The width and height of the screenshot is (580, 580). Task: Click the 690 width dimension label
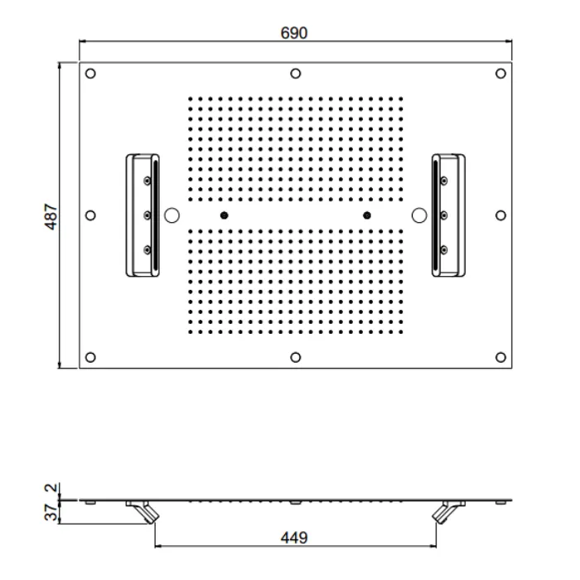click(293, 33)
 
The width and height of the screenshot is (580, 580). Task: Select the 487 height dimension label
click(51, 216)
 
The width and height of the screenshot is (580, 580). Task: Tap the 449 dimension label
click(294, 538)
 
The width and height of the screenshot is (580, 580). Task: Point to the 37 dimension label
click(51, 513)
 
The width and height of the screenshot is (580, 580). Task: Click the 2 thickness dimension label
click(51, 487)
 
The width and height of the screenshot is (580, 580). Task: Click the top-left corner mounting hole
click(90, 74)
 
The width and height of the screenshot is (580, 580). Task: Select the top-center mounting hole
click(295, 74)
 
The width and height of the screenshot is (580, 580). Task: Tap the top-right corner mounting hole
click(500, 74)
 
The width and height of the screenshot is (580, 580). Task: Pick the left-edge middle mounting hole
click(90, 215)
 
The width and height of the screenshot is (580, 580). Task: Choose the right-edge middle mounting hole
click(500, 215)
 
